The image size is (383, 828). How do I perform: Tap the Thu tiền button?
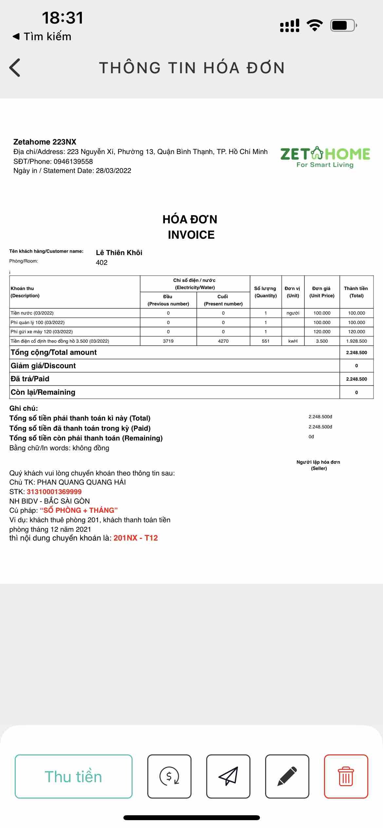coord(73,776)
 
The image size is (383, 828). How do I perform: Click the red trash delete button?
coord(346,776)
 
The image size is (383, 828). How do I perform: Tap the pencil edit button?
coord(287,776)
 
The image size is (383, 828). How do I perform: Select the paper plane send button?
coord(228,776)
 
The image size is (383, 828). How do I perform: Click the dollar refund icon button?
coord(169,776)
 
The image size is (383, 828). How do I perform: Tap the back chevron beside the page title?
coord(15,68)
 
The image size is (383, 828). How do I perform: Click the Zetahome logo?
coord(325,157)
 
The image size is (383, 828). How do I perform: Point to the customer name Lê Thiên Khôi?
coord(119,252)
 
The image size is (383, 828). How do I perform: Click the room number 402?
coord(101,263)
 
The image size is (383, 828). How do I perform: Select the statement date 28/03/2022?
coord(113,171)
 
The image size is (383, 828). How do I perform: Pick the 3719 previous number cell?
coord(168,341)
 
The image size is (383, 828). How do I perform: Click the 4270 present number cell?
coord(223,341)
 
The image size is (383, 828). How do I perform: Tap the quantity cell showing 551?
coord(265,341)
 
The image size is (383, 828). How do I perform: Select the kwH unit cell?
coord(293,341)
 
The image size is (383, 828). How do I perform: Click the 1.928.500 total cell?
coord(356,341)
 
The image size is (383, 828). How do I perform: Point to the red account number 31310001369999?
coord(54,492)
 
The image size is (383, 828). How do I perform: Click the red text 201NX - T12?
coord(136,538)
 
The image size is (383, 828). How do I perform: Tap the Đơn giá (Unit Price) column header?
coord(322,292)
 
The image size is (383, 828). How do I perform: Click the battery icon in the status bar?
coord(343,26)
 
